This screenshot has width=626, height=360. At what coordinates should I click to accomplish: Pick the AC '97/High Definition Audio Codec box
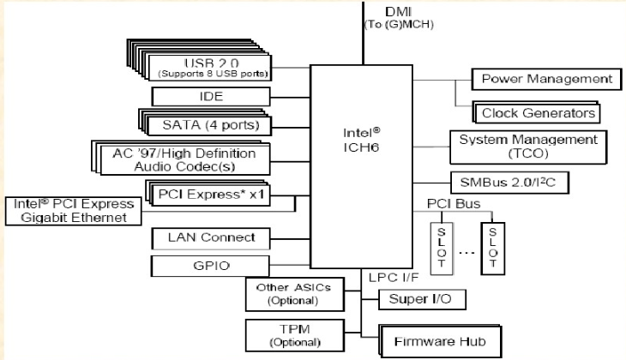pyautogui.click(x=190, y=158)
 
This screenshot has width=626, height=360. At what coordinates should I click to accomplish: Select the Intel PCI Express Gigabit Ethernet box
pyautogui.click(x=73, y=211)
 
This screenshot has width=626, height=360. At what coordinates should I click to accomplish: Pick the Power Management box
pyautogui.click(x=545, y=80)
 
